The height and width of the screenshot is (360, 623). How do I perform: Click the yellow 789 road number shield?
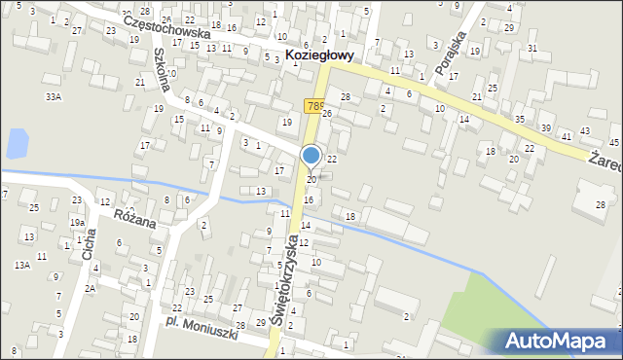click(x=314, y=106)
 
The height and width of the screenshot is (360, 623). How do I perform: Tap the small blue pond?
click(x=18, y=144)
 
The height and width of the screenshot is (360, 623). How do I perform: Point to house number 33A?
click(x=54, y=97)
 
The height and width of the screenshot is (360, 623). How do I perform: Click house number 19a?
click(x=77, y=223)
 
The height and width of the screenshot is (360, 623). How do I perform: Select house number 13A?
click(x=21, y=265)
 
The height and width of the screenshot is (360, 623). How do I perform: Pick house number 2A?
click(x=90, y=288)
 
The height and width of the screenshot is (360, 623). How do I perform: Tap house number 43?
click(x=584, y=130)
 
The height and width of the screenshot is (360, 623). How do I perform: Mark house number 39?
click(x=546, y=128)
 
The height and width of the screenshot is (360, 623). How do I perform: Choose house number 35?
click(x=520, y=119)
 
